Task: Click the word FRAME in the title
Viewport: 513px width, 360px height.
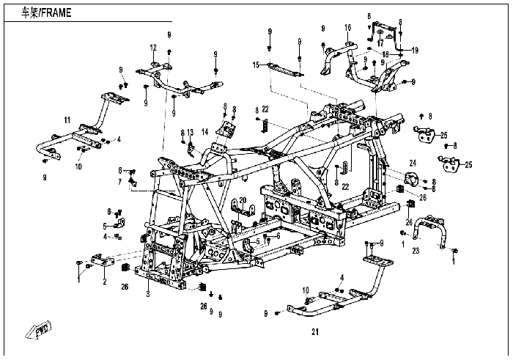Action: [x=56, y=12]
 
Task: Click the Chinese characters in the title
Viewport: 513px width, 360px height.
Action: [x=30, y=12]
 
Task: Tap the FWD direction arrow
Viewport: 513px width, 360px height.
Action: [x=39, y=329]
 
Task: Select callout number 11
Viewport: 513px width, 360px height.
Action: [x=67, y=120]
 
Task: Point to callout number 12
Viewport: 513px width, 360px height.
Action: [x=153, y=48]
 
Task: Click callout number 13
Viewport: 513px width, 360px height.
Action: [x=191, y=132]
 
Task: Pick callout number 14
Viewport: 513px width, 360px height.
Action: [x=204, y=132]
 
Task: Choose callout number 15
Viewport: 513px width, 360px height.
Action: [x=256, y=65]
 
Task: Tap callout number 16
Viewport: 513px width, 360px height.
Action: [x=348, y=28]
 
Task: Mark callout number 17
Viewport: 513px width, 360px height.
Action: [x=380, y=43]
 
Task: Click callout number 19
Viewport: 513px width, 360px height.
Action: [x=415, y=51]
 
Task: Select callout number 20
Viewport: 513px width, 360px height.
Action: [x=243, y=200]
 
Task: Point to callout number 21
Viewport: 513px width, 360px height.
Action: [x=314, y=332]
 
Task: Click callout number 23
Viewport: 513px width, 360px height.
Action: [x=416, y=251]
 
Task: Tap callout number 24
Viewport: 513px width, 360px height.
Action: [x=413, y=163]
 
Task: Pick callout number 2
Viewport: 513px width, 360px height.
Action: [x=105, y=281]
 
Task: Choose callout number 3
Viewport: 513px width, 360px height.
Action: [x=148, y=294]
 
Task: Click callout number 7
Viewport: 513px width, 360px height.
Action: [x=119, y=182]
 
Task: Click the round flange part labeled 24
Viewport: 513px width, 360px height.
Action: [x=412, y=180]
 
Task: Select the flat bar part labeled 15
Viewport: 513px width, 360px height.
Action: [x=284, y=70]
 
